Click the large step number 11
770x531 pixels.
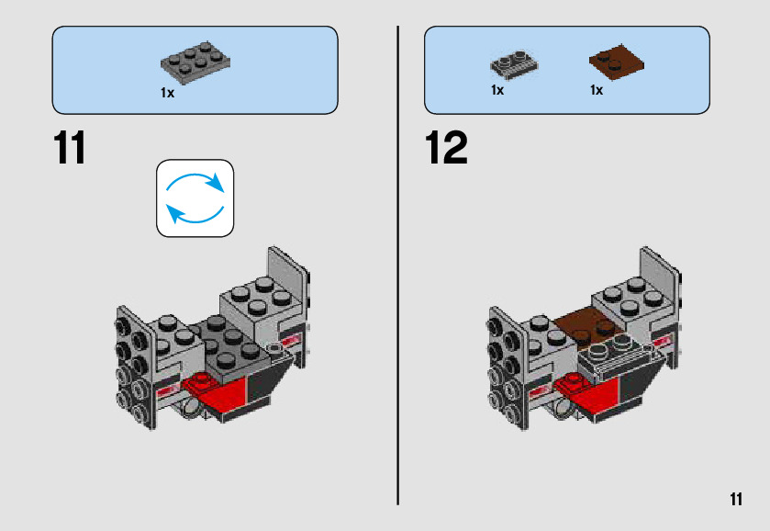[71, 148]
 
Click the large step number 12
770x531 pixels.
[446, 148]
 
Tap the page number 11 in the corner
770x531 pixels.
[735, 499]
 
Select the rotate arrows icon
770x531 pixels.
[195, 198]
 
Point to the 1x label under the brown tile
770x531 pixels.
[597, 90]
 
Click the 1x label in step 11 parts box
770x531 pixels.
[167, 93]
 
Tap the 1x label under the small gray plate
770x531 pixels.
[497, 90]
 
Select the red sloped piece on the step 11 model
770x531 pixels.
[217, 393]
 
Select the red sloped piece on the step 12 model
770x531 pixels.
[587, 393]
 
